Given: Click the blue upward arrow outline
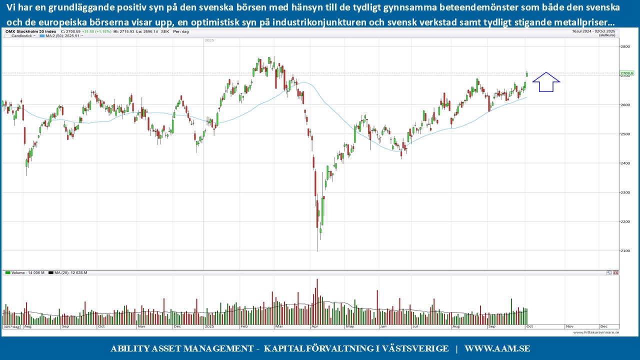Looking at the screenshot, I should [x=546, y=82].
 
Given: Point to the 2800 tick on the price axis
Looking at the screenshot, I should [x=625, y=46].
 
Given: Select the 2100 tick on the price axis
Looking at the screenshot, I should [x=625, y=251].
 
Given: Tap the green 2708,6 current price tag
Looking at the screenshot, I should [x=626, y=73].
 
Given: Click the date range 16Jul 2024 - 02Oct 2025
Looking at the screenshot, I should [x=595, y=31].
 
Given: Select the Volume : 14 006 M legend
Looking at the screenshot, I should [x=25, y=272].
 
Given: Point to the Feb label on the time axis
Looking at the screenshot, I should [x=245, y=326].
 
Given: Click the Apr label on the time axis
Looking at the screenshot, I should [x=314, y=326].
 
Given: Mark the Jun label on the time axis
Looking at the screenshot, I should [x=383, y=326].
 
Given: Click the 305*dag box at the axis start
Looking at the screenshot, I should [x=11, y=327].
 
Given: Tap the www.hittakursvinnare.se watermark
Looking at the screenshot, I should [x=596, y=332].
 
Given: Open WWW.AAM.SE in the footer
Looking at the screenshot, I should [x=497, y=348].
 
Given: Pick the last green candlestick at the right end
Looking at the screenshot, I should [x=526, y=74].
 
